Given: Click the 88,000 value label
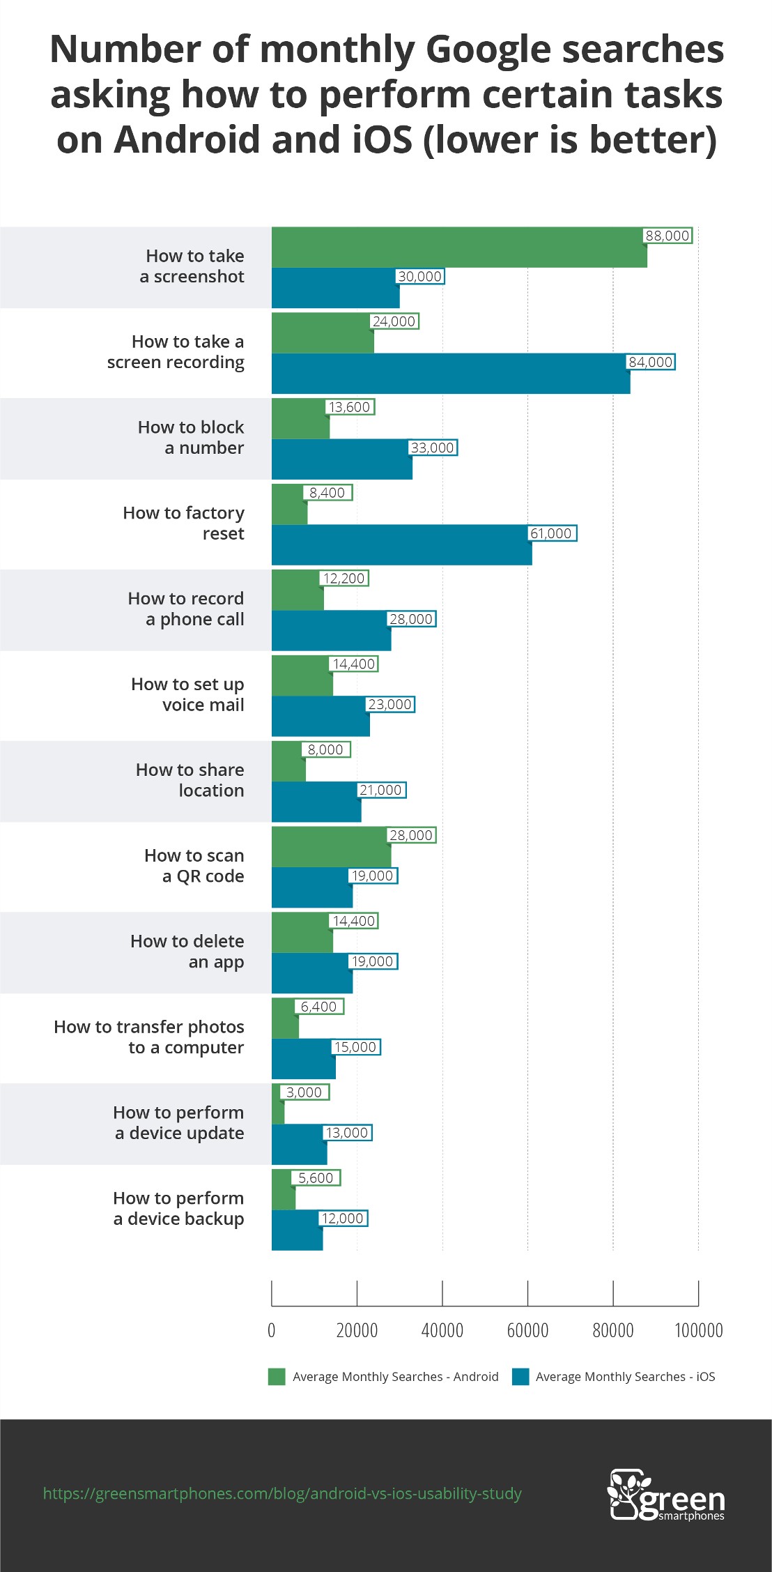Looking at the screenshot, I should point(667,236).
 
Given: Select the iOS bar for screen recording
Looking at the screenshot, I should point(451,374).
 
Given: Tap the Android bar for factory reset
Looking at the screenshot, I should point(289,504).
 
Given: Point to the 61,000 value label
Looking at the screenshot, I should point(551,533).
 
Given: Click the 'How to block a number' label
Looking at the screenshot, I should point(191,437).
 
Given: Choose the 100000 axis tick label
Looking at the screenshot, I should point(698,1330).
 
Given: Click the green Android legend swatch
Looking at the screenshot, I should point(277,1377).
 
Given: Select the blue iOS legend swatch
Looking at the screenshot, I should point(520,1377).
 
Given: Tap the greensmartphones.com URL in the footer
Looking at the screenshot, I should point(282,1493).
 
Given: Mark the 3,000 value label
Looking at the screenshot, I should point(304,1092).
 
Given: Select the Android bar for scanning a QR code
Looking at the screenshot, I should point(331,846).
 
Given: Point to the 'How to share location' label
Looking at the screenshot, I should point(190,780).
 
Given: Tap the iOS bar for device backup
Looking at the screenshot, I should point(297,1230).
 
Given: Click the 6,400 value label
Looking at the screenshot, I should point(318,1007).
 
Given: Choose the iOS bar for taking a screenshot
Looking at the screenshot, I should point(335,288).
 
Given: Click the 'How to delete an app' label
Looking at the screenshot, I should point(187,952).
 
